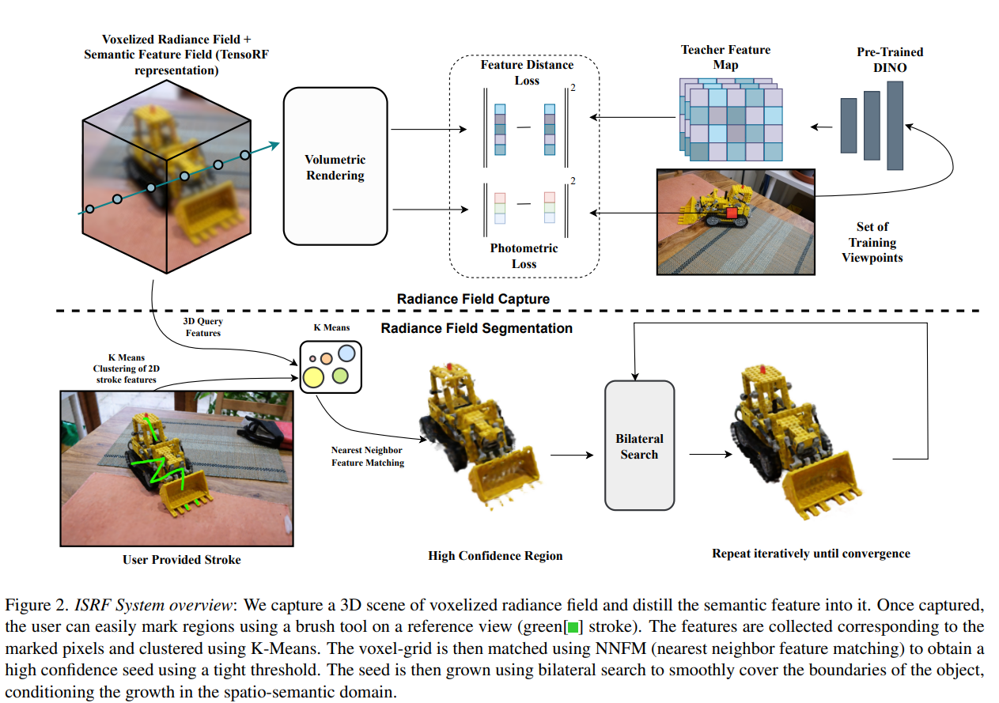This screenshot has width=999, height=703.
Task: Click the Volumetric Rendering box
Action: point(335,167)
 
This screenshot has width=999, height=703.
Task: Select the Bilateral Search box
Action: point(639,446)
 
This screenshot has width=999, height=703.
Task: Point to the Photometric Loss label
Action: point(524,255)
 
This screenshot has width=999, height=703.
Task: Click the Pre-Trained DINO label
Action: point(890,60)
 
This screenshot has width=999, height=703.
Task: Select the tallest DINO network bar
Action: point(895,125)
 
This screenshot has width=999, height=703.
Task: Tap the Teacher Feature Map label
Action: point(725,57)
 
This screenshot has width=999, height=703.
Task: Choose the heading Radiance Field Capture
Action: point(473,299)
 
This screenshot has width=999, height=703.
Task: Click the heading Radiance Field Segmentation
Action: point(476,327)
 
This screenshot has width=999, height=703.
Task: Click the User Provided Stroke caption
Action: point(181,559)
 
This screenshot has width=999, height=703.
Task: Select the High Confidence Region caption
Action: point(495,555)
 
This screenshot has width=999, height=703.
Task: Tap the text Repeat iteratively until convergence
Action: point(811,553)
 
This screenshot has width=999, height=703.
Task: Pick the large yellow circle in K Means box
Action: point(313,378)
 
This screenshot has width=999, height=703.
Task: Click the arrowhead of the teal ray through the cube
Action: point(274,144)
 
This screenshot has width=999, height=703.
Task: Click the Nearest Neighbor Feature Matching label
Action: point(367,456)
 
